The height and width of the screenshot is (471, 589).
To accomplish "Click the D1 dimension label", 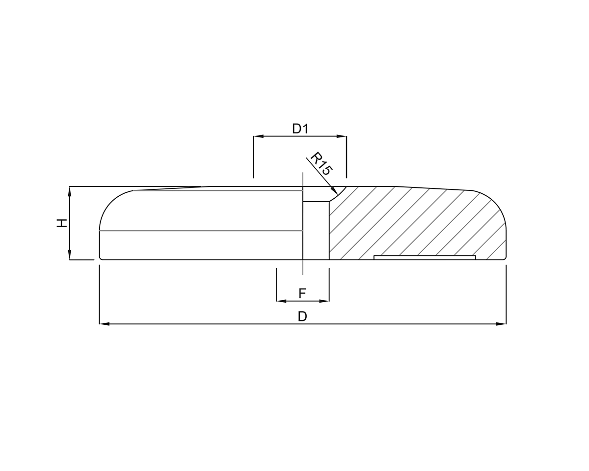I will [x=300, y=129].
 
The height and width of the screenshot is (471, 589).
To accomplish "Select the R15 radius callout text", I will [x=321, y=163].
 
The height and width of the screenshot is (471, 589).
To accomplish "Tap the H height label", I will [x=61, y=223].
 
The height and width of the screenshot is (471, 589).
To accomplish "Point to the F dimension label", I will [x=302, y=293].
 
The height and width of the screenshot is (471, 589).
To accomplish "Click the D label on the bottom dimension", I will [x=302, y=316].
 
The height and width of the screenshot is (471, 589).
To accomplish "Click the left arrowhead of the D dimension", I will [x=104, y=324].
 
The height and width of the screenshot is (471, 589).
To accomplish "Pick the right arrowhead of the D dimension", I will [x=501, y=324].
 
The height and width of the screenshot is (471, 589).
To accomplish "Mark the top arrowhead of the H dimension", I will [x=70, y=191].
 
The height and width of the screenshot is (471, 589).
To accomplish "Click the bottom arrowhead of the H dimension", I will [x=70, y=255].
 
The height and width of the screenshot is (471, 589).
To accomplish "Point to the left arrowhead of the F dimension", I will [x=281, y=301].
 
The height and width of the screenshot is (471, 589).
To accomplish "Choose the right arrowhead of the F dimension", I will [x=324, y=301].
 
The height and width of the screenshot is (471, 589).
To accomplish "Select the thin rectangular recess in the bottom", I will [x=425, y=258].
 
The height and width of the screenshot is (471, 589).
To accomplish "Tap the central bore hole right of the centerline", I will [x=316, y=231].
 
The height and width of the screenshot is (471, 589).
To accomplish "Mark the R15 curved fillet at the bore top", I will [x=337, y=195].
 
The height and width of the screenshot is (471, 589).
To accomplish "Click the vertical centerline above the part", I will [x=303, y=179].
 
